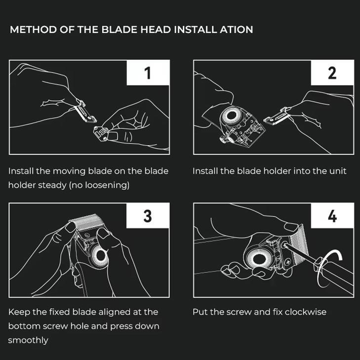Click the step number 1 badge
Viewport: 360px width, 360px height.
148,73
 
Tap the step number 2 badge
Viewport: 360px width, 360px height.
332,73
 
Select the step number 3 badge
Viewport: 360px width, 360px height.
148,216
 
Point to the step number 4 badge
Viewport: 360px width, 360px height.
332,216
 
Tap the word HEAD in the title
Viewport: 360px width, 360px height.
156,30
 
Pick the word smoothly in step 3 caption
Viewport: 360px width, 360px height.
28,340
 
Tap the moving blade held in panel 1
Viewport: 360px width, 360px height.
85,113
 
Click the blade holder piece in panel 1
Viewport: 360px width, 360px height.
101,133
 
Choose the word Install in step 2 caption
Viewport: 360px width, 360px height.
204,171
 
